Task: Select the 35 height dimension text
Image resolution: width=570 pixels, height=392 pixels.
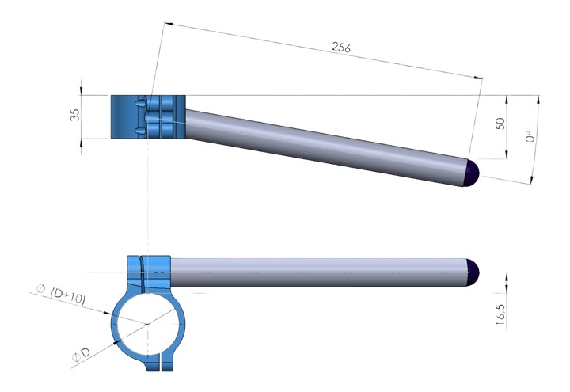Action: (x=75, y=116)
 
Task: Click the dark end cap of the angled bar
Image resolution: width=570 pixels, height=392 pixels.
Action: (x=473, y=173)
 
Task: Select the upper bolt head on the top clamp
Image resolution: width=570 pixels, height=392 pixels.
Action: (x=141, y=105)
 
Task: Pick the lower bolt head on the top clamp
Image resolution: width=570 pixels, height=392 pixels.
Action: (x=141, y=130)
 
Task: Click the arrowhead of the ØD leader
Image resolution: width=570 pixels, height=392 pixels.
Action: (x=118, y=341)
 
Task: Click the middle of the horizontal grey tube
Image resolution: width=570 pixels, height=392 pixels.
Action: (x=317, y=272)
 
